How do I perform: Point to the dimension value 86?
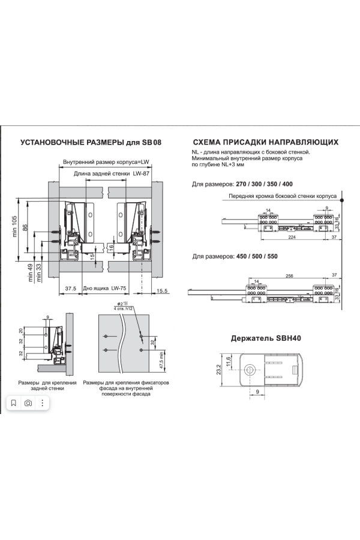[42, 229]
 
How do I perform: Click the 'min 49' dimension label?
[31, 272]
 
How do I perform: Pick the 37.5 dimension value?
[71, 289]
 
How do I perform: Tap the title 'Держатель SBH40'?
[266, 338]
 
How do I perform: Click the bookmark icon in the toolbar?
[14, 403]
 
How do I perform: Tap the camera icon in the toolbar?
[28, 403]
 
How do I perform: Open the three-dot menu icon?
[43, 403]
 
